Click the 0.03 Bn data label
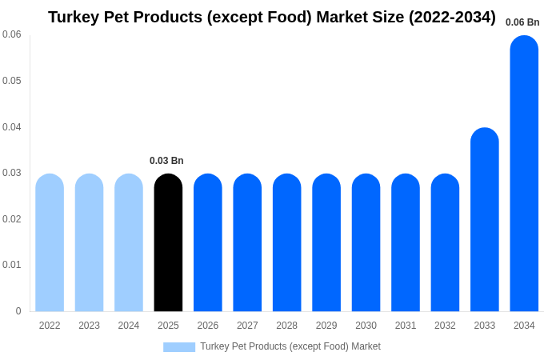[x=166, y=161]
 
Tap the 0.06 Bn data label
[x=522, y=22]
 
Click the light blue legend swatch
[x=179, y=347]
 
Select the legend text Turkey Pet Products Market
[x=290, y=346]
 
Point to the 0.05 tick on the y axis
[x=12, y=81]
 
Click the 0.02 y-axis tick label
[x=12, y=219]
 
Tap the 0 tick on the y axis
[x=18, y=311]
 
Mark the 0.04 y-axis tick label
[x=12, y=127]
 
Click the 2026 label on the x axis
[x=208, y=326]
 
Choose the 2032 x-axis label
[x=445, y=326]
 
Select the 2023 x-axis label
[x=89, y=326]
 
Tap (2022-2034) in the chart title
[x=452, y=17]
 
